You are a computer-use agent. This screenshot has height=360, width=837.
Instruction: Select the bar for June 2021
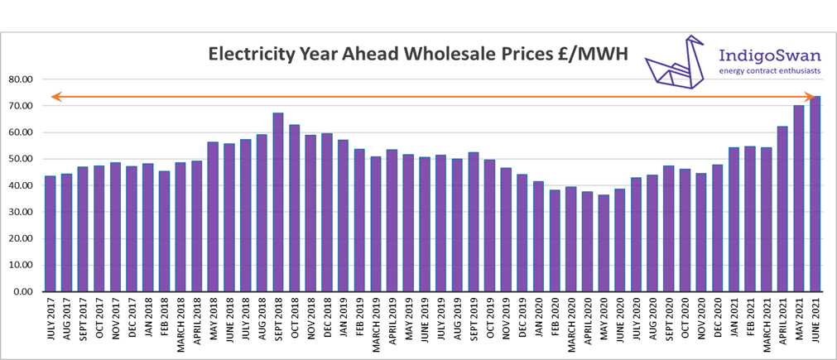pyautogui.click(x=815, y=194)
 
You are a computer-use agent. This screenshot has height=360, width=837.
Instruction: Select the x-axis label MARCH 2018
pyautogui.click(x=181, y=327)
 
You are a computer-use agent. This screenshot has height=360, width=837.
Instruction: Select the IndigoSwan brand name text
pyautogui.click(x=768, y=56)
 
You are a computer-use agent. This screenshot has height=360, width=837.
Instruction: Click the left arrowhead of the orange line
pyautogui.click(x=55, y=97)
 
